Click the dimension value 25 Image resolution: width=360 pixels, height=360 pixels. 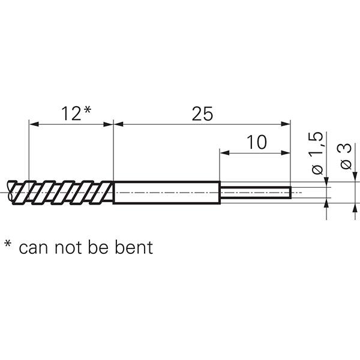point(202,113)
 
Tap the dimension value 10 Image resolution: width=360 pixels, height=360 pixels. point(256,142)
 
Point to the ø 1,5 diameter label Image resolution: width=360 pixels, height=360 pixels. point(319,153)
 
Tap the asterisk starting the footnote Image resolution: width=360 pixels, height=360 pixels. point(8,244)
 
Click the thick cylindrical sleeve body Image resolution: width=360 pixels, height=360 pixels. point(166,192)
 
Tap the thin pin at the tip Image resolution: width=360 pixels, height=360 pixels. point(255,192)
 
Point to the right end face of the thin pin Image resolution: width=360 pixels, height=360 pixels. point(291,192)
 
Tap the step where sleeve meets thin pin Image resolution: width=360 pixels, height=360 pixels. point(220,192)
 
